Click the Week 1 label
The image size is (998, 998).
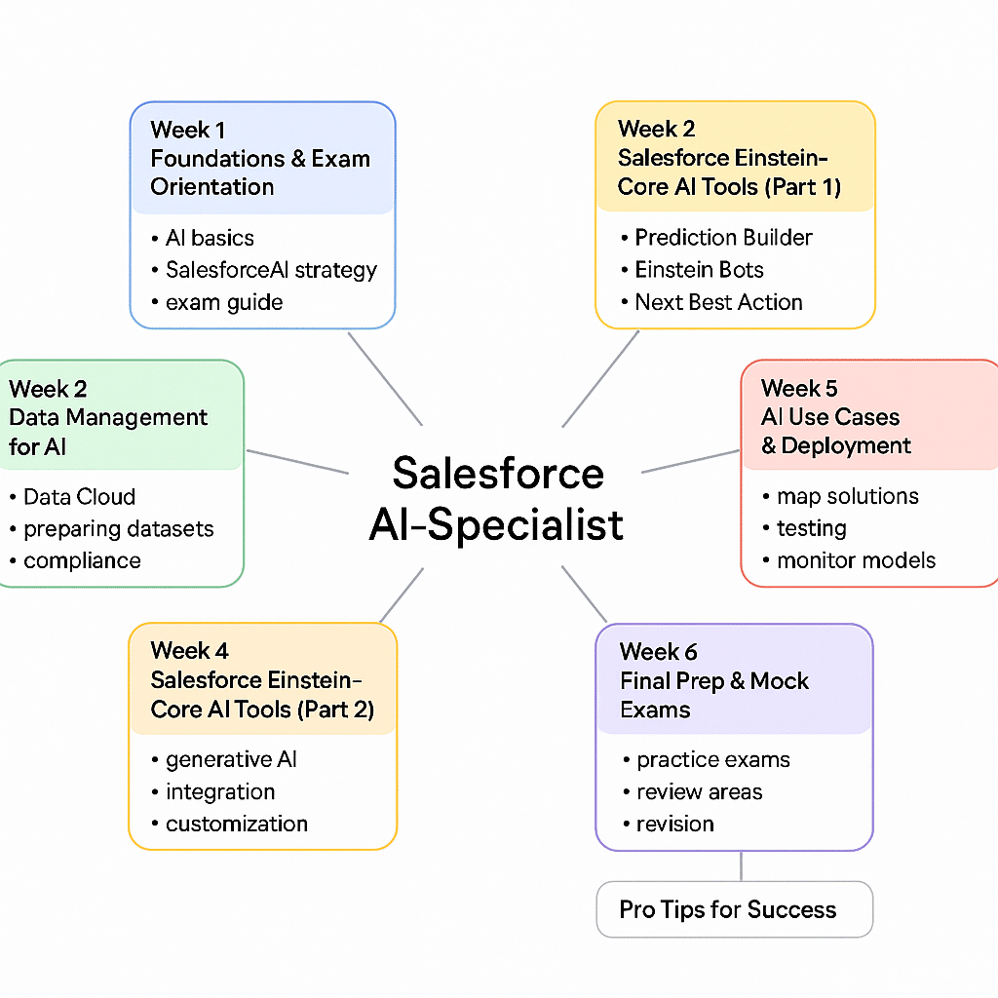[188, 130]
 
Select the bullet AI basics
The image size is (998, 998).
[209, 238]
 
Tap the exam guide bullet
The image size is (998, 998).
[223, 302]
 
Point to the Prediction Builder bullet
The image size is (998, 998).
[723, 238]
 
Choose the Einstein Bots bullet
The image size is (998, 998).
[699, 270]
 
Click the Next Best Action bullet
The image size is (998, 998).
[718, 302]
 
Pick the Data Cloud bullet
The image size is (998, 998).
[78, 497]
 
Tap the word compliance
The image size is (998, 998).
[82, 561]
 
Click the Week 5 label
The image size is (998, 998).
[799, 389]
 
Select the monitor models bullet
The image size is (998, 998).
[856, 560]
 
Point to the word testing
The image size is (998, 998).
[811, 528]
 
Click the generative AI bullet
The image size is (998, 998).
[231, 759]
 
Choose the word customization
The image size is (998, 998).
[237, 824]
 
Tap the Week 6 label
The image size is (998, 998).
[659, 651]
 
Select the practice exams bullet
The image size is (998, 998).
[712, 759]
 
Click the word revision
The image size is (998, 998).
[674, 824]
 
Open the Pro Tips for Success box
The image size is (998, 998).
[734, 909]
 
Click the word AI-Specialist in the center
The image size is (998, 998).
[497, 524]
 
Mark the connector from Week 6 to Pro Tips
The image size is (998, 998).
[742, 865]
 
